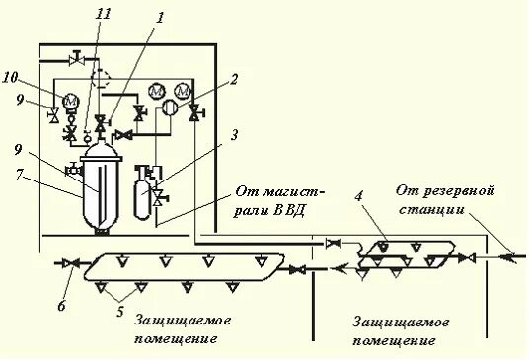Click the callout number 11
(104, 14)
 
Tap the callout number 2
(235, 81)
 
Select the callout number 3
(234, 134)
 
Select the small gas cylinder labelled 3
(144, 191)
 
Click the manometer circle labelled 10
(70, 100)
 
